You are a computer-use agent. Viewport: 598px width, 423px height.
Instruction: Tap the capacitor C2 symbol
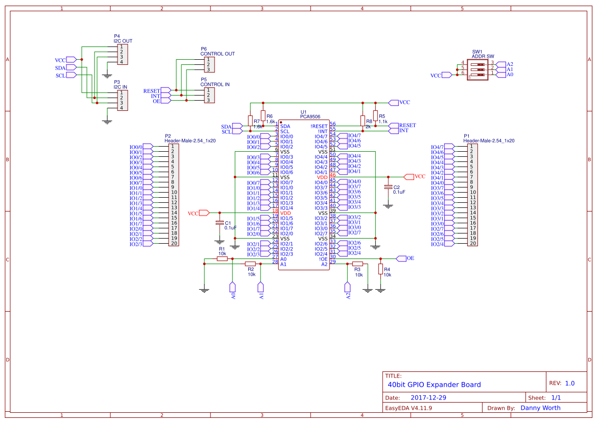tap(388, 186)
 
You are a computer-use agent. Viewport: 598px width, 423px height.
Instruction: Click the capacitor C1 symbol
tap(220, 223)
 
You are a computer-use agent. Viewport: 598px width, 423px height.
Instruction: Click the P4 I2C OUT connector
tap(123, 55)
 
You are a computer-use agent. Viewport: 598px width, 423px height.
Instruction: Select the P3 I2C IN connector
tap(123, 101)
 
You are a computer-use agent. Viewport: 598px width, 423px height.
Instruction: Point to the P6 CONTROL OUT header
tap(209, 64)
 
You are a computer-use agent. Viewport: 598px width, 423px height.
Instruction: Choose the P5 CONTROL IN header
tap(209, 95)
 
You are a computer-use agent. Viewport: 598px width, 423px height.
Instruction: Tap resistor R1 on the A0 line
tap(222, 259)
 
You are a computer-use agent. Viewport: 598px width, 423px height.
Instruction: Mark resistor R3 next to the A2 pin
tap(357, 264)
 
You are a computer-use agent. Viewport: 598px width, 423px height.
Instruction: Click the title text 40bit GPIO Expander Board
tap(434, 385)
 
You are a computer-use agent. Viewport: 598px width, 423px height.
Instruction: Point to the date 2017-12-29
tap(428, 397)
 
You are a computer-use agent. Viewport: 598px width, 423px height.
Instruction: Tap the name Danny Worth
tap(540, 408)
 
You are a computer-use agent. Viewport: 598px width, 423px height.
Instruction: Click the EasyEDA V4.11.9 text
tap(409, 408)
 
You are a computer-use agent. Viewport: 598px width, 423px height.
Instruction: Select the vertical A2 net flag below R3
tap(348, 291)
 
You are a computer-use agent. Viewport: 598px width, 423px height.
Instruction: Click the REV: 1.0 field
tap(562, 383)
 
